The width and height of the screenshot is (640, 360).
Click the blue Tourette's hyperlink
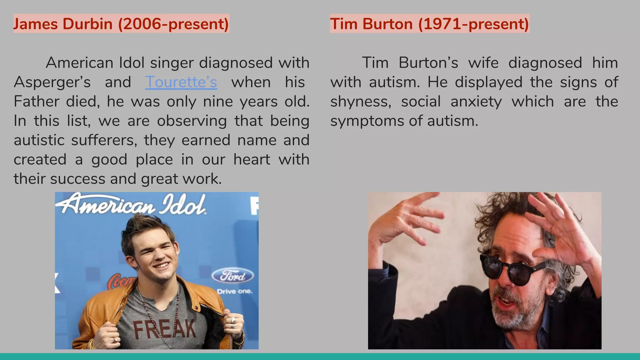181,82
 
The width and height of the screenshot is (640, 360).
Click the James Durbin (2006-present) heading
121,24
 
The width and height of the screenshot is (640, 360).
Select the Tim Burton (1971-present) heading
429,24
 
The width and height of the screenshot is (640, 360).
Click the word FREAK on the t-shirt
165,329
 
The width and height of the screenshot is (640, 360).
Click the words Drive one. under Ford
234,291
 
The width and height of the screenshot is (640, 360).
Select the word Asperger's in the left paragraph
52,82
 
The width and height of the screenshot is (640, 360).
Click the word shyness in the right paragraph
360,102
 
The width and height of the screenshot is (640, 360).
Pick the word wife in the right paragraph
483,63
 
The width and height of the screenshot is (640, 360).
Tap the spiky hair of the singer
147,230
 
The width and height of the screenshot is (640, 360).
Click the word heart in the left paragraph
252,159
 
